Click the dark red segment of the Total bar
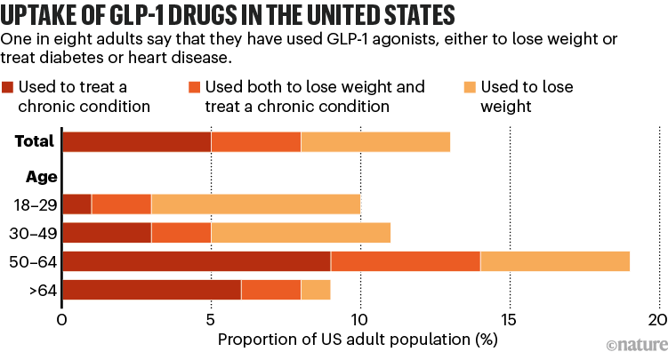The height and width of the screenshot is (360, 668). [x=136, y=141]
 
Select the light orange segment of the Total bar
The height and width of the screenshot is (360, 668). [x=375, y=141]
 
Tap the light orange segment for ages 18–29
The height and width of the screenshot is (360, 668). [x=255, y=203]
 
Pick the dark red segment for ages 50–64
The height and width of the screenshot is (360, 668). [x=196, y=260]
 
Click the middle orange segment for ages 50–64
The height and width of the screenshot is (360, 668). [x=406, y=260]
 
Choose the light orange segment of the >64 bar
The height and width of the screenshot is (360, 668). [x=316, y=290]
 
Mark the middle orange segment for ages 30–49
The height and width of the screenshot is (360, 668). [x=181, y=232]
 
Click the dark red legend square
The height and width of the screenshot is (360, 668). [x=9, y=87]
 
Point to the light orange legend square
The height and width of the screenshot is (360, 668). [x=472, y=87]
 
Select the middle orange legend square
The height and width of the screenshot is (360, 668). [x=193, y=87]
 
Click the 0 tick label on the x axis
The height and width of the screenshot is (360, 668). [x=62, y=319]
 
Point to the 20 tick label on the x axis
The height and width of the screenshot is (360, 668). [x=657, y=319]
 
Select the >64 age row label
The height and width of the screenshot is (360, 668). [x=39, y=290]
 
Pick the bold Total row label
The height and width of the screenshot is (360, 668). [x=35, y=141]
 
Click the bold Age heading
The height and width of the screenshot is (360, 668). [x=41, y=176]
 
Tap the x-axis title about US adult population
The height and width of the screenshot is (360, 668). [x=357, y=339]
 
